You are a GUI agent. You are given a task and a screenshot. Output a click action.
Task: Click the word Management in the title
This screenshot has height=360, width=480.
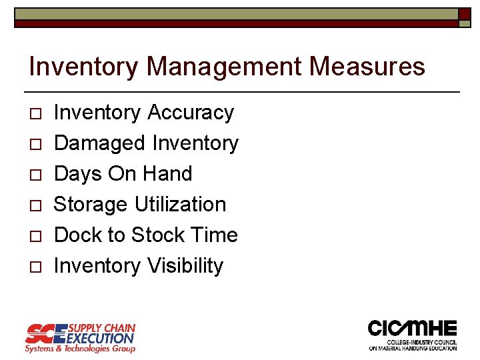(222, 67)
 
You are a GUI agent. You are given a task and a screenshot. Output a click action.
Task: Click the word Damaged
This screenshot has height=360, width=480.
(99, 143)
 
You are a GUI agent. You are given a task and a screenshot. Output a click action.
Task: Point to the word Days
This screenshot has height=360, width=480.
(77, 174)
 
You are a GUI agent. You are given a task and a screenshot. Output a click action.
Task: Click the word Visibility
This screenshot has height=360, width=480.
(185, 266)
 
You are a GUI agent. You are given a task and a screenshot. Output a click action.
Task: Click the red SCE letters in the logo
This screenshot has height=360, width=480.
(45, 333)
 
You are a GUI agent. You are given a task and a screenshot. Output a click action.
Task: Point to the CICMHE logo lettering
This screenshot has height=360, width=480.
(412, 329)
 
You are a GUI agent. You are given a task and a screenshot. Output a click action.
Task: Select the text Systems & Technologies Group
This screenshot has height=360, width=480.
(80, 349)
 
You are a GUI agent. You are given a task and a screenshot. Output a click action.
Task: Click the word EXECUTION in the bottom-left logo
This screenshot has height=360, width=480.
(101, 338)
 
